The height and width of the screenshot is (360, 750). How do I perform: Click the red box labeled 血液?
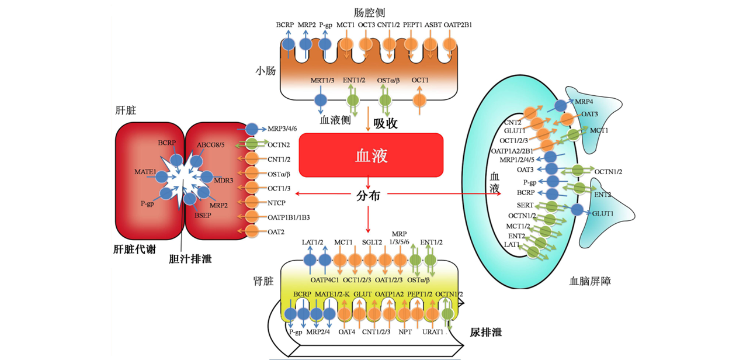[371, 155]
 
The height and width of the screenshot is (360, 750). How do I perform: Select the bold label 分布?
[368, 195]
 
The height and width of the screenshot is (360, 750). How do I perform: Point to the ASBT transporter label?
[433, 25]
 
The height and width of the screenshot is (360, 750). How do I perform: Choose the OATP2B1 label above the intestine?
[458, 25]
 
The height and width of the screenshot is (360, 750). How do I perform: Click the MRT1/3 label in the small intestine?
[322, 80]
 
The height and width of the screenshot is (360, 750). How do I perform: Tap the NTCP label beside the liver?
[276, 203]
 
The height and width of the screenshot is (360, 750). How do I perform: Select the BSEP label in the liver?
[203, 215]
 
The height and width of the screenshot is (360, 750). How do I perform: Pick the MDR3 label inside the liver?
[224, 181]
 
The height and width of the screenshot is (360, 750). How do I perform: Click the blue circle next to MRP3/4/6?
[252, 129]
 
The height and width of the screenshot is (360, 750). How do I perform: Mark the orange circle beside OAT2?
[252, 232]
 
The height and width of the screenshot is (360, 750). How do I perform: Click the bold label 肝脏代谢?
[134, 249]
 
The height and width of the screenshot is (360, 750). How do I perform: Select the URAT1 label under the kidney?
[433, 332]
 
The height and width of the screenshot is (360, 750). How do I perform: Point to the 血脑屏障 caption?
[590, 281]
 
